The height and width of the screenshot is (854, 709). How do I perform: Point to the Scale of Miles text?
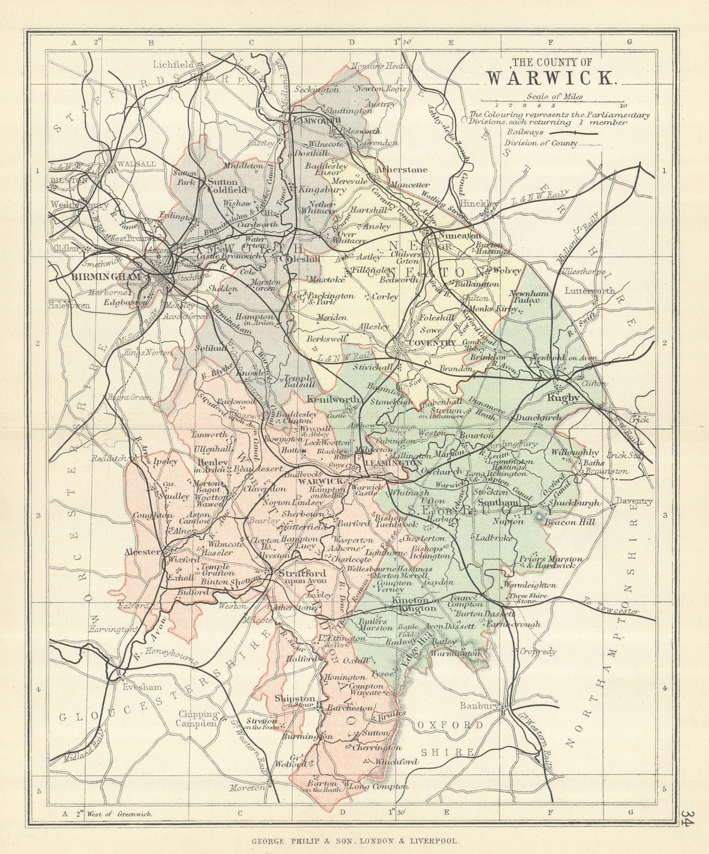(554, 97)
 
